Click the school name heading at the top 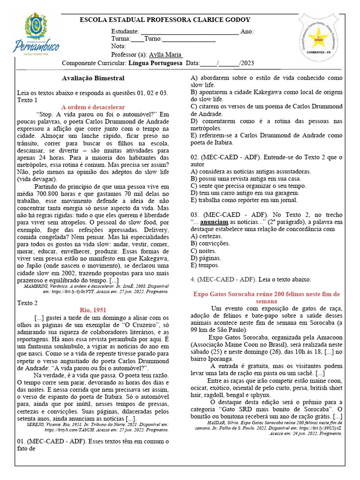[x=165, y=20]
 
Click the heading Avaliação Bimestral [x=93, y=78]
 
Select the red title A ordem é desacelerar [x=93, y=107]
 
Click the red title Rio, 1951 [x=93, y=310]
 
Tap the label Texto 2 [x=27, y=303]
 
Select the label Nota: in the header [x=119, y=46]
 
